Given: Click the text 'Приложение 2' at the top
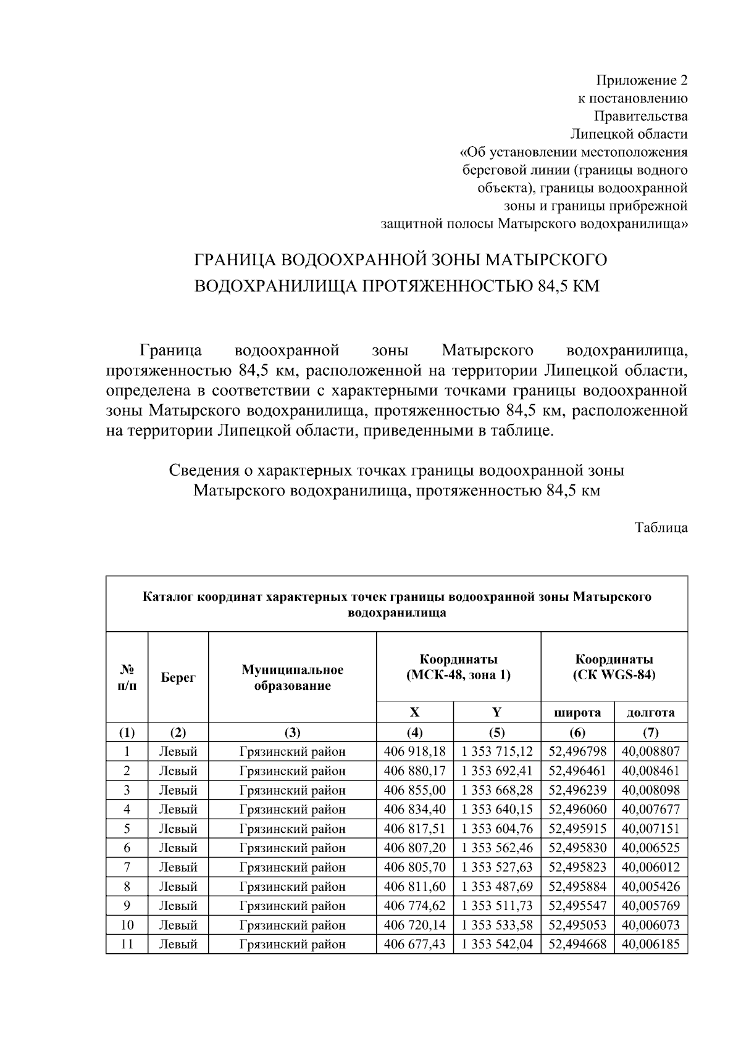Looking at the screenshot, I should pos(641,80).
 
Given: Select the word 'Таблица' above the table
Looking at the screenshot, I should pos(661,528).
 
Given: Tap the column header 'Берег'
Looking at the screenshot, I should pos(178,677).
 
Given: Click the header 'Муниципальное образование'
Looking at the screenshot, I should pos(292,677).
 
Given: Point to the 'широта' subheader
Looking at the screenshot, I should pos(577,713).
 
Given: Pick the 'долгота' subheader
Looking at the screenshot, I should pos(651,713).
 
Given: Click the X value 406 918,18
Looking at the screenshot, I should pos(414,751).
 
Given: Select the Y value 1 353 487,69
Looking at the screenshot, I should pos(496,887).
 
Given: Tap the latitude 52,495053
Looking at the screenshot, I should pos(577,925).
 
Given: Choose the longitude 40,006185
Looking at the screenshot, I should pos(651,944).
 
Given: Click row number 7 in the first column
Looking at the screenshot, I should pos(127,867).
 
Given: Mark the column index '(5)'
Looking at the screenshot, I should pos(496,732).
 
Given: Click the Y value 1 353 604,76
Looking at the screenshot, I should pos(496,829).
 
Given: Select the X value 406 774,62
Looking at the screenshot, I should pos(414,906).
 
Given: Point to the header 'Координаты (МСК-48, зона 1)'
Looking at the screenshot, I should pos(458,667).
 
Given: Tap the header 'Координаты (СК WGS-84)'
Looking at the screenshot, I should pos(614,667).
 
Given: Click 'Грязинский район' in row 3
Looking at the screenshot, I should pos(292,790).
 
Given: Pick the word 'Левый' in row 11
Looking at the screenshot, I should pos(178,944).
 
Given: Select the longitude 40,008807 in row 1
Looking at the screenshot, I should pos(651,751).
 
